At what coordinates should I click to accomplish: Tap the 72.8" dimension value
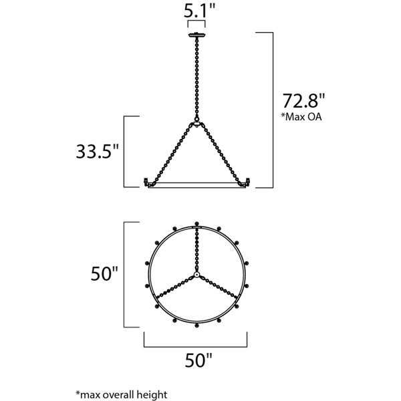tap(303, 101)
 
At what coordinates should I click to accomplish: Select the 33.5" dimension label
tap(98, 152)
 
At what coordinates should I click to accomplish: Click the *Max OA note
tap(301, 116)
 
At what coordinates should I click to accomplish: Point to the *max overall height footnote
tap(122, 394)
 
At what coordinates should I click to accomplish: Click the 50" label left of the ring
tap(104, 273)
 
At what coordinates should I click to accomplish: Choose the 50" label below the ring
tap(198, 360)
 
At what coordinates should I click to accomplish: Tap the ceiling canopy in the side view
tap(196, 35)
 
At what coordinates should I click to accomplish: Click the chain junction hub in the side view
tap(196, 124)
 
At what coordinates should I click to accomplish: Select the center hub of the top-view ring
tap(196, 275)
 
